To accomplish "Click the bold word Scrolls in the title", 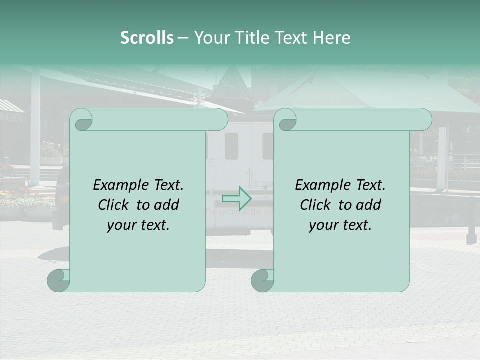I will click(147, 38).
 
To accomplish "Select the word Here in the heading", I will click(332, 38).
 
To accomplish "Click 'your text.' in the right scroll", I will click(340, 225).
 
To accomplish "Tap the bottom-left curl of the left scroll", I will click(59, 280).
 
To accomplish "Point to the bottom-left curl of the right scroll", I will click(263, 280).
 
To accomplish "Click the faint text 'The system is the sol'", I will click(239, 212).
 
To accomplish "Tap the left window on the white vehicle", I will click(231, 146).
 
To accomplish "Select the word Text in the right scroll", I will click(370, 185).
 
